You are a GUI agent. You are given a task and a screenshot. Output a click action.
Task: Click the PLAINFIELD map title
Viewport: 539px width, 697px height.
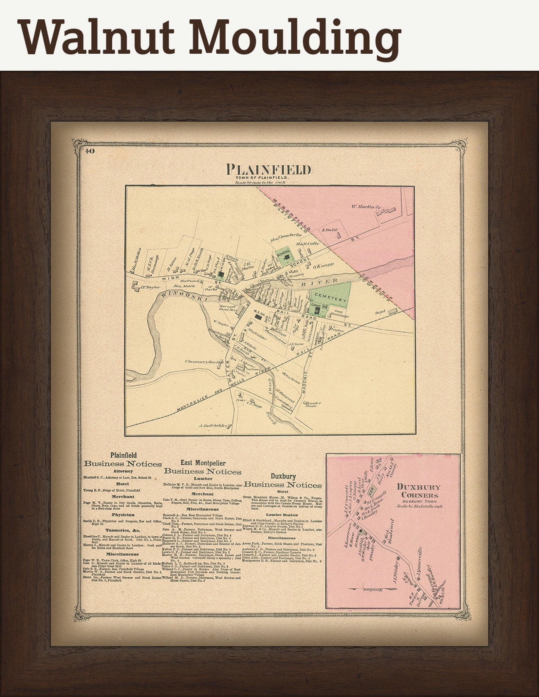(x=268, y=169)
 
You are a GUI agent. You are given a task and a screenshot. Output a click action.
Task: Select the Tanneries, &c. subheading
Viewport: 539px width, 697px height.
(x=122, y=530)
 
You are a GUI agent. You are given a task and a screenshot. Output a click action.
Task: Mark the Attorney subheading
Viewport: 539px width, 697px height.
(x=123, y=471)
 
